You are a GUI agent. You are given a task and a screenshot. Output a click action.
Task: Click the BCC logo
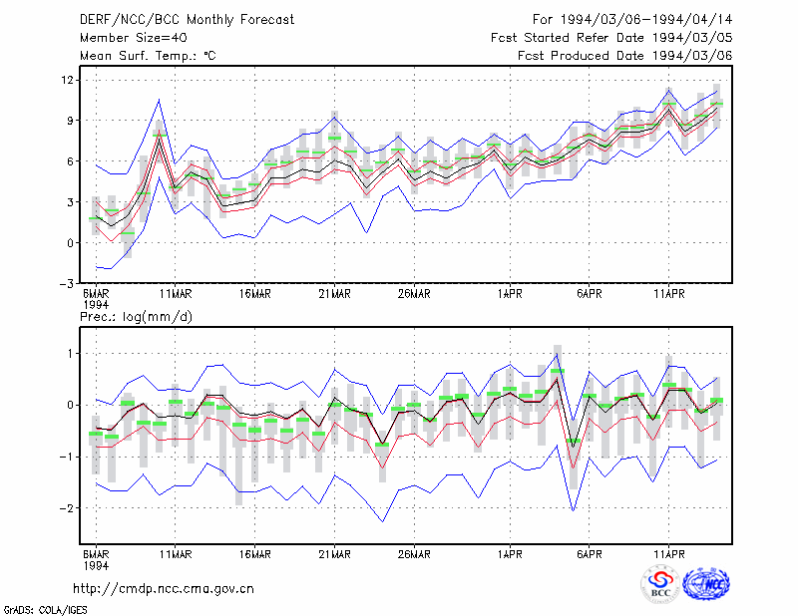click(x=660, y=584)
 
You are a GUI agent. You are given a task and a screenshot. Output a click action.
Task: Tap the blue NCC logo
click(x=707, y=584)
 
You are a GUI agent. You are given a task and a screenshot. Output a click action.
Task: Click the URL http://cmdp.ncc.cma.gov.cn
click(x=164, y=589)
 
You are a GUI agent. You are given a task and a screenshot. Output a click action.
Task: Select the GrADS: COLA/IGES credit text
click(x=45, y=610)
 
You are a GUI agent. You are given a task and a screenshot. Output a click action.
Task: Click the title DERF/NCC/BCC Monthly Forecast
click(x=187, y=20)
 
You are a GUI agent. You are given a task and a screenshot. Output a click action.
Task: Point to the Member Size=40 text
click(x=134, y=38)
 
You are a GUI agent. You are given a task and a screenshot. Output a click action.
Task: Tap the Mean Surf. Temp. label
click(x=148, y=56)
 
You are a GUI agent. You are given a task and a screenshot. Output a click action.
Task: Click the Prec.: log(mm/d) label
click(x=136, y=317)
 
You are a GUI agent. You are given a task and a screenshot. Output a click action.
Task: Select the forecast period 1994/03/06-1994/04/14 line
click(x=632, y=20)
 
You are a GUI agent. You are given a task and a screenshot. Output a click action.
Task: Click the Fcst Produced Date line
click(x=625, y=56)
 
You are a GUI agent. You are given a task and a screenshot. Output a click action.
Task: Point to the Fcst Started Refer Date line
click(x=611, y=38)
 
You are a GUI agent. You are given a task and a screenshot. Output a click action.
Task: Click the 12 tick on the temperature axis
click(x=68, y=80)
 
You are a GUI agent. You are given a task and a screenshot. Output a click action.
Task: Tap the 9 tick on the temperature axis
click(x=71, y=121)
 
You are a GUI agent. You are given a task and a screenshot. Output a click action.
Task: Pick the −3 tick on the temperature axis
click(x=67, y=284)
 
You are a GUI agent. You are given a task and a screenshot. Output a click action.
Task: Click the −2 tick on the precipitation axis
click(x=67, y=508)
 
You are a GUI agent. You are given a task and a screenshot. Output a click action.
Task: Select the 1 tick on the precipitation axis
click(x=71, y=354)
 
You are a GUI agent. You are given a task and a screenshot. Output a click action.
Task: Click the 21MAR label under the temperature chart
click(x=334, y=294)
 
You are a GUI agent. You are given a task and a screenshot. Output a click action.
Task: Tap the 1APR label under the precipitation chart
click(x=510, y=554)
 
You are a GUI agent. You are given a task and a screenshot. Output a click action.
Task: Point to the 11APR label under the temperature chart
click(x=669, y=294)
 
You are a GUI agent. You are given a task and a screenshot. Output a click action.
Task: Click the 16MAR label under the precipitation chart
click(x=255, y=554)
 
